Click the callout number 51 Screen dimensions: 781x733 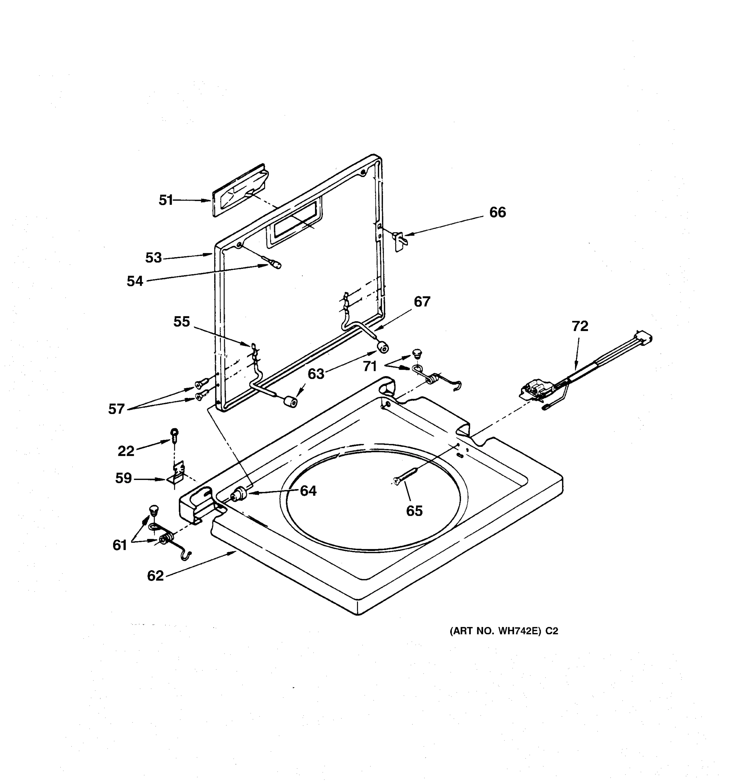point(165,200)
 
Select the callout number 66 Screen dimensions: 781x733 point(497,212)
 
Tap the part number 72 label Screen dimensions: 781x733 point(580,326)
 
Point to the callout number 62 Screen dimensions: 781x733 point(155,576)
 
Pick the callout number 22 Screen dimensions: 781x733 point(126,451)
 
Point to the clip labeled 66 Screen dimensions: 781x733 point(399,240)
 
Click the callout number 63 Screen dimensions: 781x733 point(316,374)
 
